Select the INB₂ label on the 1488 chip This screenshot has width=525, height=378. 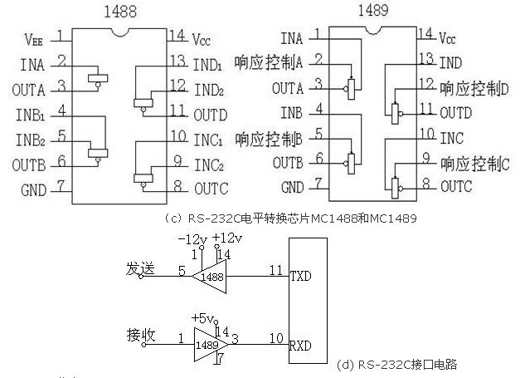click(x=31, y=137)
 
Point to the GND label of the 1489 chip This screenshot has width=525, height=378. click(x=292, y=188)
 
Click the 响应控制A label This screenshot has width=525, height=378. click(x=269, y=61)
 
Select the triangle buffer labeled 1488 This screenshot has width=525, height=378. click(x=211, y=276)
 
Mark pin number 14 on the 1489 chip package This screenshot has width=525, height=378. click(x=425, y=34)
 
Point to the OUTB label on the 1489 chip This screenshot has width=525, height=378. click(x=288, y=161)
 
